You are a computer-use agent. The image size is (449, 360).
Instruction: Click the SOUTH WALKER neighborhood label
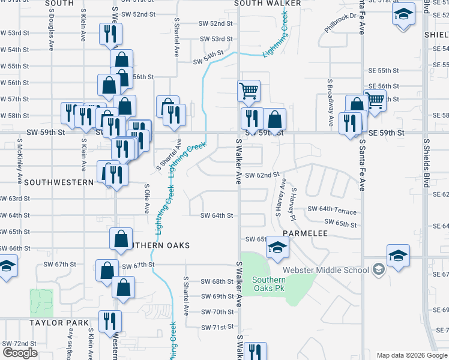[267, 3]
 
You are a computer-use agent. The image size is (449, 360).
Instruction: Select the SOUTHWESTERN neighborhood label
[47, 182]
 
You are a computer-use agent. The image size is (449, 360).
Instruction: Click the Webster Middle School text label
[334, 270]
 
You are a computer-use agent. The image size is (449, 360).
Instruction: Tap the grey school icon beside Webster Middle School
[378, 270]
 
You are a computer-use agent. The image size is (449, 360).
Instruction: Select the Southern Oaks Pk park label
[268, 284]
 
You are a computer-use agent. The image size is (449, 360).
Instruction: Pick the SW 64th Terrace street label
[332, 211]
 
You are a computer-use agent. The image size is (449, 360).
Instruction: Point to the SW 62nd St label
[263, 175]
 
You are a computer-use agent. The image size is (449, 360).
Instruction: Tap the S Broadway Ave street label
[330, 103]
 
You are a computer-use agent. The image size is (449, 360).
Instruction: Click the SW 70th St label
[217, 312]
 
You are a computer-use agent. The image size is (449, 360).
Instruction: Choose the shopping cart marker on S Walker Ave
[249, 91]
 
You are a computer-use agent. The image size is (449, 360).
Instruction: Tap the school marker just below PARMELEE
[278, 247]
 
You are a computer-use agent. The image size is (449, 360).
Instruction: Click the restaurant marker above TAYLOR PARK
[110, 320]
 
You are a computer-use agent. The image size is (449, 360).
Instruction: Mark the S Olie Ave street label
[146, 199]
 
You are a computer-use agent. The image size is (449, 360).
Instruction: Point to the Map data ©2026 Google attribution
[411, 355]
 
